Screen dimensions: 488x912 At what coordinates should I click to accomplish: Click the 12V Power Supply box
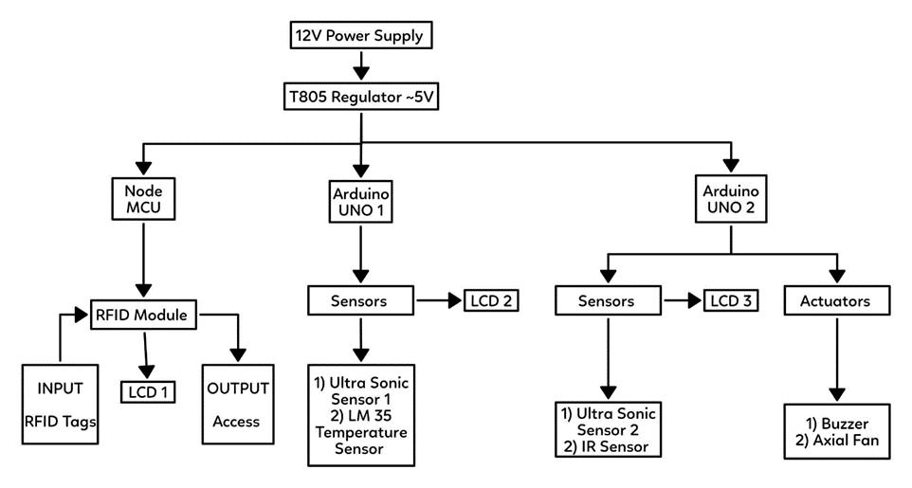pyautogui.click(x=361, y=38)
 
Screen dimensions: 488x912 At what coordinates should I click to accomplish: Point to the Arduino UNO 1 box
pyautogui.click(x=361, y=200)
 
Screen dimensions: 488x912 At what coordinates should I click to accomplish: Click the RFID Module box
pyautogui.click(x=144, y=315)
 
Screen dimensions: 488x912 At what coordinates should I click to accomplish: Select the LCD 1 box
pyautogui.click(x=148, y=390)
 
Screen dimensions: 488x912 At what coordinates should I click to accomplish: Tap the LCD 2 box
pyautogui.click(x=490, y=302)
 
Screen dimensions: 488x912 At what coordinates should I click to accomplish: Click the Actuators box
pyautogui.click(x=838, y=302)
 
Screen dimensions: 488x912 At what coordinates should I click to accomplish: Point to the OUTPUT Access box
pyautogui.click(x=237, y=405)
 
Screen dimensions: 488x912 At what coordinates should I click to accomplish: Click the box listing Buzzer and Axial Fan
pyautogui.click(x=837, y=432)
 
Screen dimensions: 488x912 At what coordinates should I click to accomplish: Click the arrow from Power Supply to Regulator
pyautogui.click(x=361, y=66)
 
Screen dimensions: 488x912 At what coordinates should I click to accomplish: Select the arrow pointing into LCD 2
pyautogui.click(x=438, y=302)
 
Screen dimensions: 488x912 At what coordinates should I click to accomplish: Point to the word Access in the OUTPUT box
pyautogui.click(x=237, y=421)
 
